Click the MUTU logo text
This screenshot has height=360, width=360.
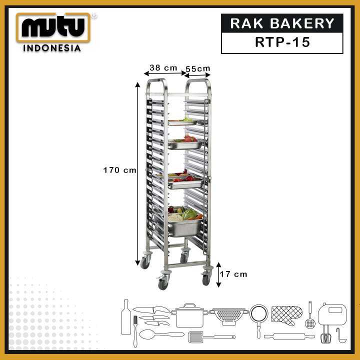point(53,28)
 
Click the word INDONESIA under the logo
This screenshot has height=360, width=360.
point(52,48)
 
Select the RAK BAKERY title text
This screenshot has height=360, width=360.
point(282,23)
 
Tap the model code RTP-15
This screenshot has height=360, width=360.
point(282,42)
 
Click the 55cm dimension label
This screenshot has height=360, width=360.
point(198,68)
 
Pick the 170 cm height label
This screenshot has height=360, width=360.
point(119,170)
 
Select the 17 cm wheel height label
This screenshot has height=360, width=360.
point(233,274)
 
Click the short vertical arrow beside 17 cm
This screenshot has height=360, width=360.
point(218,275)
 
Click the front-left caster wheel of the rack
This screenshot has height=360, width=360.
point(163,282)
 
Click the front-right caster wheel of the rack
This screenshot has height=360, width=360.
point(206,279)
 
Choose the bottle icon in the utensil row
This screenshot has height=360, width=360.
point(126,317)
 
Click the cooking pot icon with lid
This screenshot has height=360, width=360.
point(189,315)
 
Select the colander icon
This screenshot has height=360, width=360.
point(229,315)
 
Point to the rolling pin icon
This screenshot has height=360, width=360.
point(289,336)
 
